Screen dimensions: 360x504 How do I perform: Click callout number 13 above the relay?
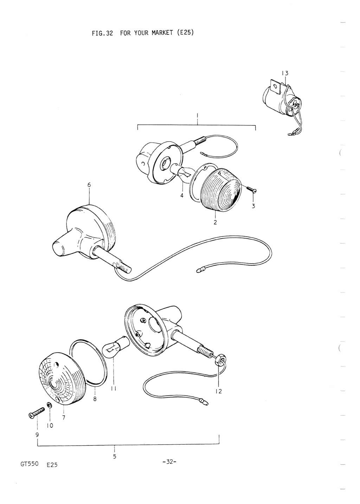pyautogui.click(x=284, y=73)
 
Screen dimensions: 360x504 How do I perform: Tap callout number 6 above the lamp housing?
pyautogui.click(x=89, y=185)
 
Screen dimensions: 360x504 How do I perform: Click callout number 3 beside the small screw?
pyautogui.click(x=253, y=206)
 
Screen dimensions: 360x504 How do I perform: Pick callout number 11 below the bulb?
pyautogui.click(x=114, y=388)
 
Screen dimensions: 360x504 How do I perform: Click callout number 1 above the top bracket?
pyautogui.click(x=197, y=116)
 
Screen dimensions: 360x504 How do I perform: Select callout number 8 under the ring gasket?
pyautogui.click(x=95, y=399)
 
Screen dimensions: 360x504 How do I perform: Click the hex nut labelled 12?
pyautogui.click(x=218, y=357)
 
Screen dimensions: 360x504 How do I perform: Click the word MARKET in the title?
pyautogui.click(x=162, y=33)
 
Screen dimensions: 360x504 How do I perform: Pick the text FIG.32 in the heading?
pyautogui.click(x=102, y=33)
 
